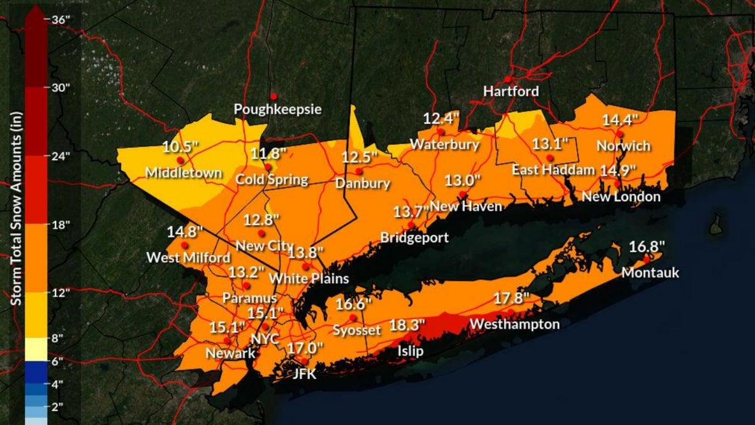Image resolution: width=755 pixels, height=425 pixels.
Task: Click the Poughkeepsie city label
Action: point(277,109)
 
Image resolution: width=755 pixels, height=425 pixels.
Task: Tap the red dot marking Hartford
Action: point(508,79)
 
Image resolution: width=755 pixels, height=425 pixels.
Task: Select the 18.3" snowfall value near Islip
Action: point(407,325)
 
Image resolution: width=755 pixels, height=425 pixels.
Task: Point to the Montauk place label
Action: point(650,273)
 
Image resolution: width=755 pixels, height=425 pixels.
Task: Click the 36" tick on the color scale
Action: point(61,19)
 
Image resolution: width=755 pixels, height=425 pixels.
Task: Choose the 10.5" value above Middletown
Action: point(180,147)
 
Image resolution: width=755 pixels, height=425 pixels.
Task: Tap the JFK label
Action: point(304,375)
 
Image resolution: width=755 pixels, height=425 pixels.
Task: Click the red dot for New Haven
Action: point(462,194)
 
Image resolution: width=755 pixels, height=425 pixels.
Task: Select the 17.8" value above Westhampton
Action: point(512,298)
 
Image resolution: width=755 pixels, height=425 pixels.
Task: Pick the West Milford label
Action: point(188,258)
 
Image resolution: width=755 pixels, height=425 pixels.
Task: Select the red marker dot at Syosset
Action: point(353,317)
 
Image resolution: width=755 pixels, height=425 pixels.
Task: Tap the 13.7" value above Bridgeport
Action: point(412,211)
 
